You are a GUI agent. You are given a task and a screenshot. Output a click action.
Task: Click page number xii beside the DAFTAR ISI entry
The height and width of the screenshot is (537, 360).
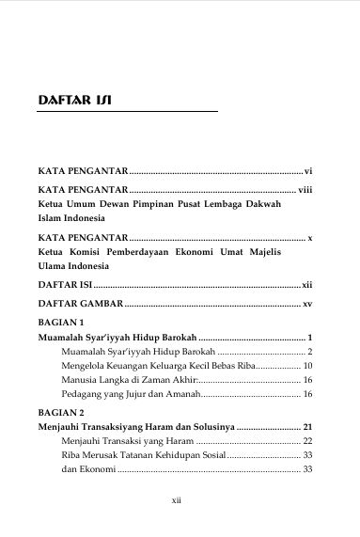tap(306, 283)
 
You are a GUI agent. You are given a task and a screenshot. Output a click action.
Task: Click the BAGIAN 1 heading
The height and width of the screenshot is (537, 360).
tap(60, 322)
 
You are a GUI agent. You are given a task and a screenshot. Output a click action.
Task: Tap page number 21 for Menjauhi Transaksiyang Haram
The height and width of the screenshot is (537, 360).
tap(306, 426)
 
